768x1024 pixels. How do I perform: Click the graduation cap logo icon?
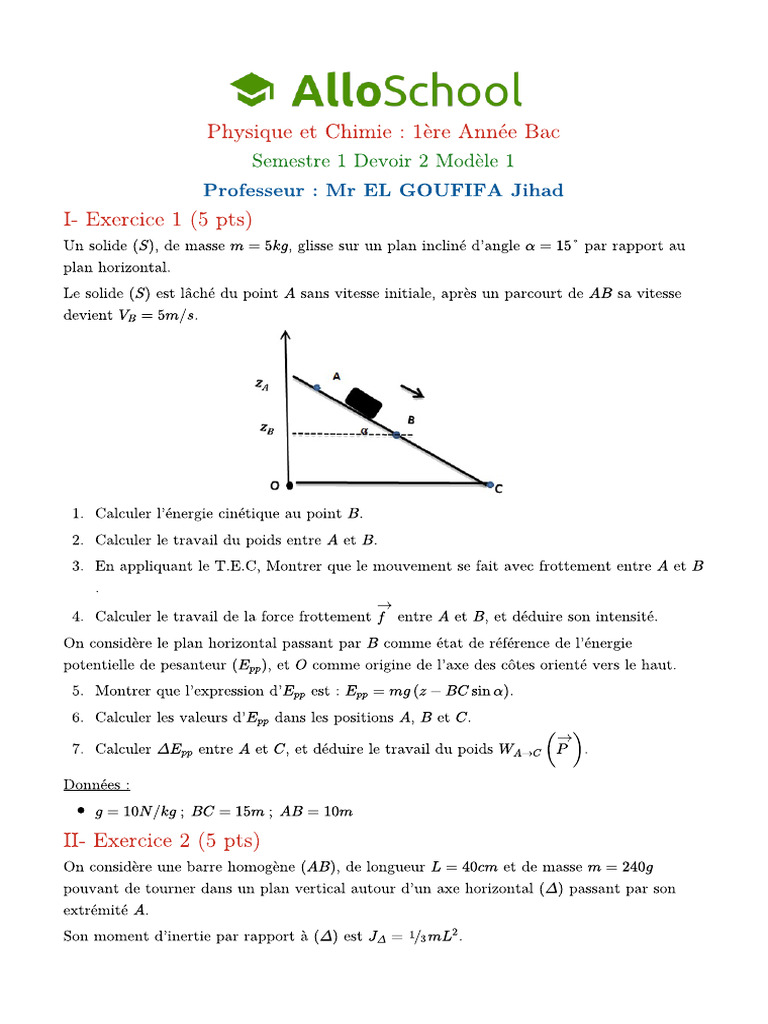[x=253, y=89]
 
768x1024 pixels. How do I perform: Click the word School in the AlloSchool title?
[x=453, y=89]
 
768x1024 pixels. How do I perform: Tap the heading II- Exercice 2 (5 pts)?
[x=161, y=839]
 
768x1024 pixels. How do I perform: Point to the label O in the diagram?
[x=274, y=485]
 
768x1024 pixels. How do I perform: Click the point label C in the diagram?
[x=499, y=488]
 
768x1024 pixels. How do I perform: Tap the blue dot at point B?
[x=396, y=435]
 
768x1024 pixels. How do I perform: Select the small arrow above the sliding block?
[x=411, y=390]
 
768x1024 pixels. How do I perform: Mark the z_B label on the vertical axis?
[x=266, y=428]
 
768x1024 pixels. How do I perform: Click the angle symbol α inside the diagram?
[x=365, y=432]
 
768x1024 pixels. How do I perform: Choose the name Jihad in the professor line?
[x=536, y=190]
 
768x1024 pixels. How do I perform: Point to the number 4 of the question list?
[x=77, y=616]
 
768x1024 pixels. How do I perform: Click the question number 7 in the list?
[x=77, y=749]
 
